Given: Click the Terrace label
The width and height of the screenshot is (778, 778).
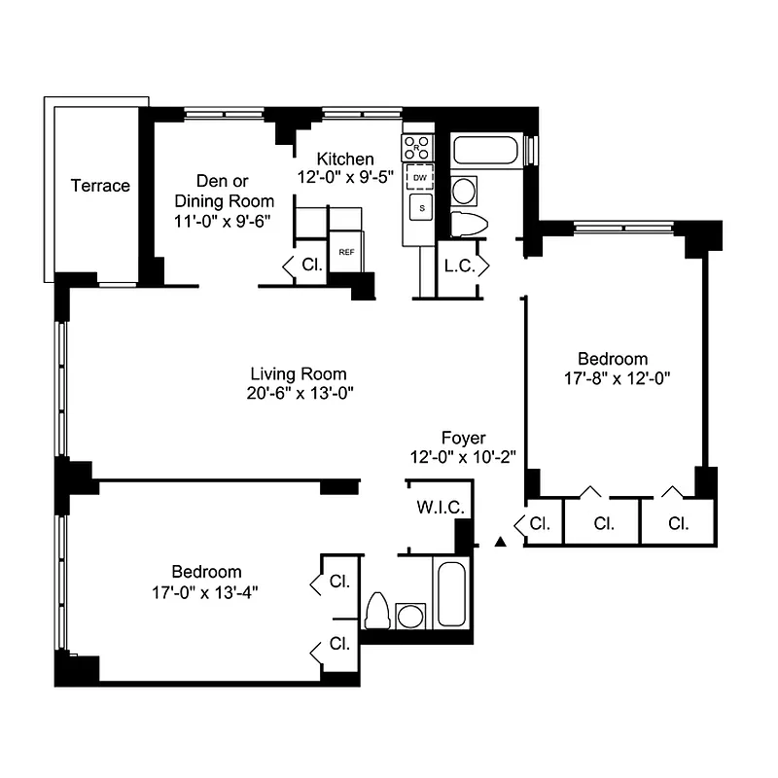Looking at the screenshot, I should [100, 186].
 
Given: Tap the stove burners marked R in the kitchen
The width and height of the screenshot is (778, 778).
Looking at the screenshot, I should [418, 148].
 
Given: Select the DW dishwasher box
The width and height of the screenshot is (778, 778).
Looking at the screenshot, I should [420, 179].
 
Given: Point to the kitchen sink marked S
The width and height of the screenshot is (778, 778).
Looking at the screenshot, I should [421, 207].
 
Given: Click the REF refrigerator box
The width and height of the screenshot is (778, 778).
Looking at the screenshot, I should [345, 252].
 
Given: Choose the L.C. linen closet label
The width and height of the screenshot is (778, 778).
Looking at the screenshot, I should [459, 265].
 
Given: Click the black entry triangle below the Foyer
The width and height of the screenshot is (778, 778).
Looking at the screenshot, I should [501, 541].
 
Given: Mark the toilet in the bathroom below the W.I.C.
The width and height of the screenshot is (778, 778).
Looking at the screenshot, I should [378, 611].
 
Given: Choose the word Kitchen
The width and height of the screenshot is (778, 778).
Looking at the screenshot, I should [336, 159].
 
